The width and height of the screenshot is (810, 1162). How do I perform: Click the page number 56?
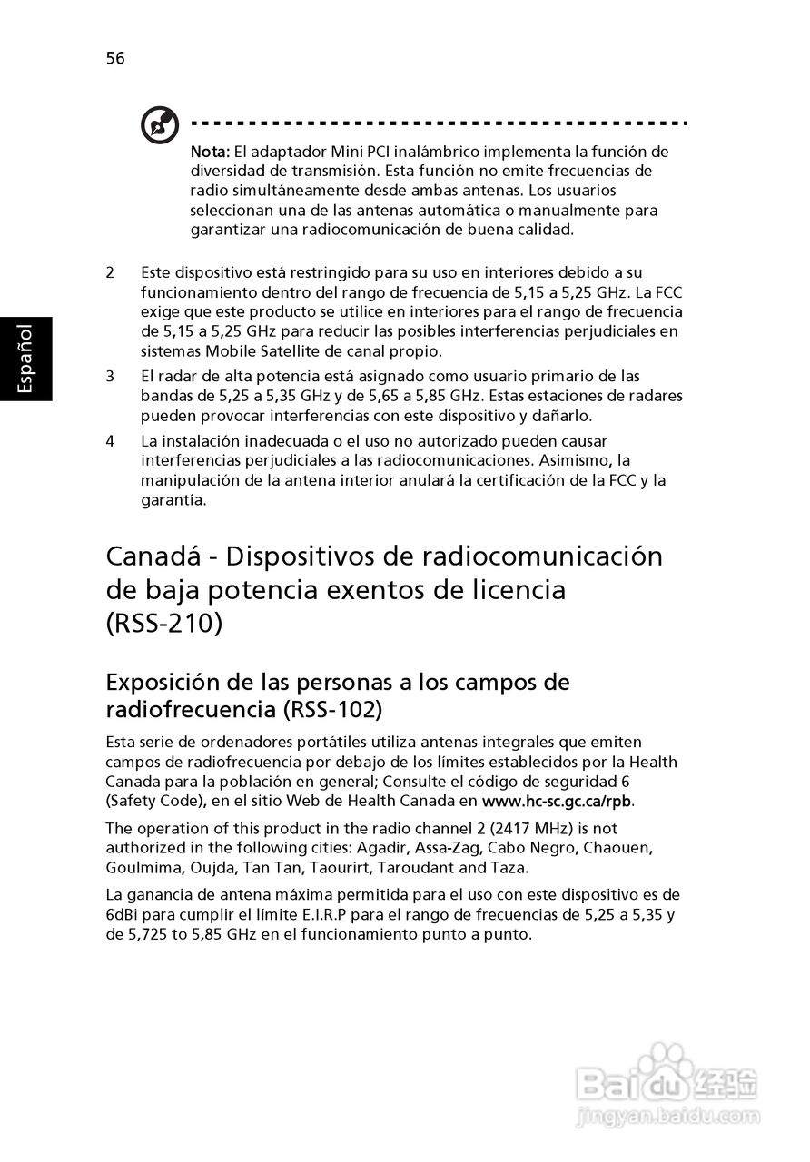coord(115,59)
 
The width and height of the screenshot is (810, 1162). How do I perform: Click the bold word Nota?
coord(209,151)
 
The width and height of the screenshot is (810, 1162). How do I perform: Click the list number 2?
coord(111,272)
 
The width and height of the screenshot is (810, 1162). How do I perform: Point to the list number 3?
coord(111,376)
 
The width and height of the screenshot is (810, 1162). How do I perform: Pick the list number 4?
coord(111,441)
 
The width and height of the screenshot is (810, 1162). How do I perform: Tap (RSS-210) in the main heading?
coord(163,625)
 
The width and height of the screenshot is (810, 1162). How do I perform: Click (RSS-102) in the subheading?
coord(332,708)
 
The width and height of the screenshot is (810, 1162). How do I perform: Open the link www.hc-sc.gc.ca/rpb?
coord(558,802)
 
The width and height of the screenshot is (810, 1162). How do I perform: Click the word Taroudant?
coord(412,868)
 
